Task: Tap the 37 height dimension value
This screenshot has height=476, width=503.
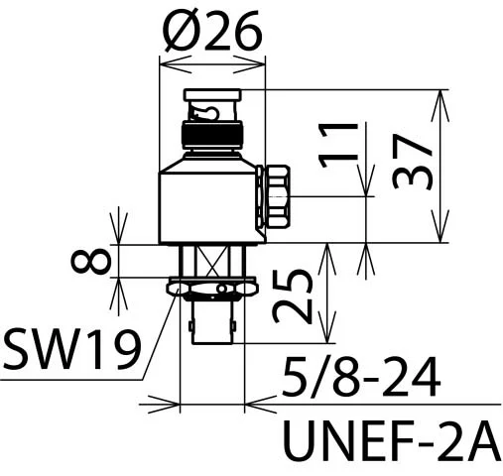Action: (x=413, y=162)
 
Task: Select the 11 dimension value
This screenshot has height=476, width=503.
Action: (x=338, y=145)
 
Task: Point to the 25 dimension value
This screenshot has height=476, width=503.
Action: (x=293, y=296)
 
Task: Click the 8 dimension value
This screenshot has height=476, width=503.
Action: (x=90, y=261)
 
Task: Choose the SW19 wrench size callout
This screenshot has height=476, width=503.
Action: (x=71, y=350)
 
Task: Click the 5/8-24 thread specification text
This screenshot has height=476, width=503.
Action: (x=361, y=377)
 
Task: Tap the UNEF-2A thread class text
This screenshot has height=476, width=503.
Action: (x=392, y=440)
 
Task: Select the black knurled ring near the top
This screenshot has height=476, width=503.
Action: (x=212, y=135)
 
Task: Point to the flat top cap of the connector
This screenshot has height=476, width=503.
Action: (x=212, y=95)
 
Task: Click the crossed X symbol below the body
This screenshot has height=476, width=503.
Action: (x=211, y=261)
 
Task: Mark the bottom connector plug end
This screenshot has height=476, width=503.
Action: (x=211, y=322)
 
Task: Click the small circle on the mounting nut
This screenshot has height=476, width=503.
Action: (x=222, y=290)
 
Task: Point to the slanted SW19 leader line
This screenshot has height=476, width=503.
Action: (x=160, y=334)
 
